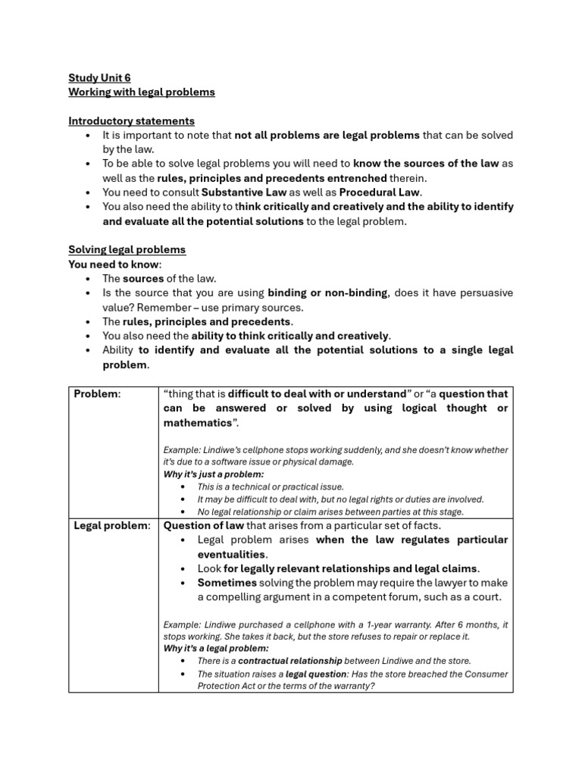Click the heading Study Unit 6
click(x=99, y=77)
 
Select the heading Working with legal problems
click(x=142, y=92)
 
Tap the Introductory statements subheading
click(x=131, y=120)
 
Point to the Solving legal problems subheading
click(x=127, y=249)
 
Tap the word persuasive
click(x=482, y=293)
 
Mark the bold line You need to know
click(x=114, y=264)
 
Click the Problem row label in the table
click(x=96, y=393)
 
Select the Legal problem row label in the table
click(x=111, y=525)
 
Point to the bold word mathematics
click(x=198, y=422)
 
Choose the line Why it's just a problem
click(x=214, y=474)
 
